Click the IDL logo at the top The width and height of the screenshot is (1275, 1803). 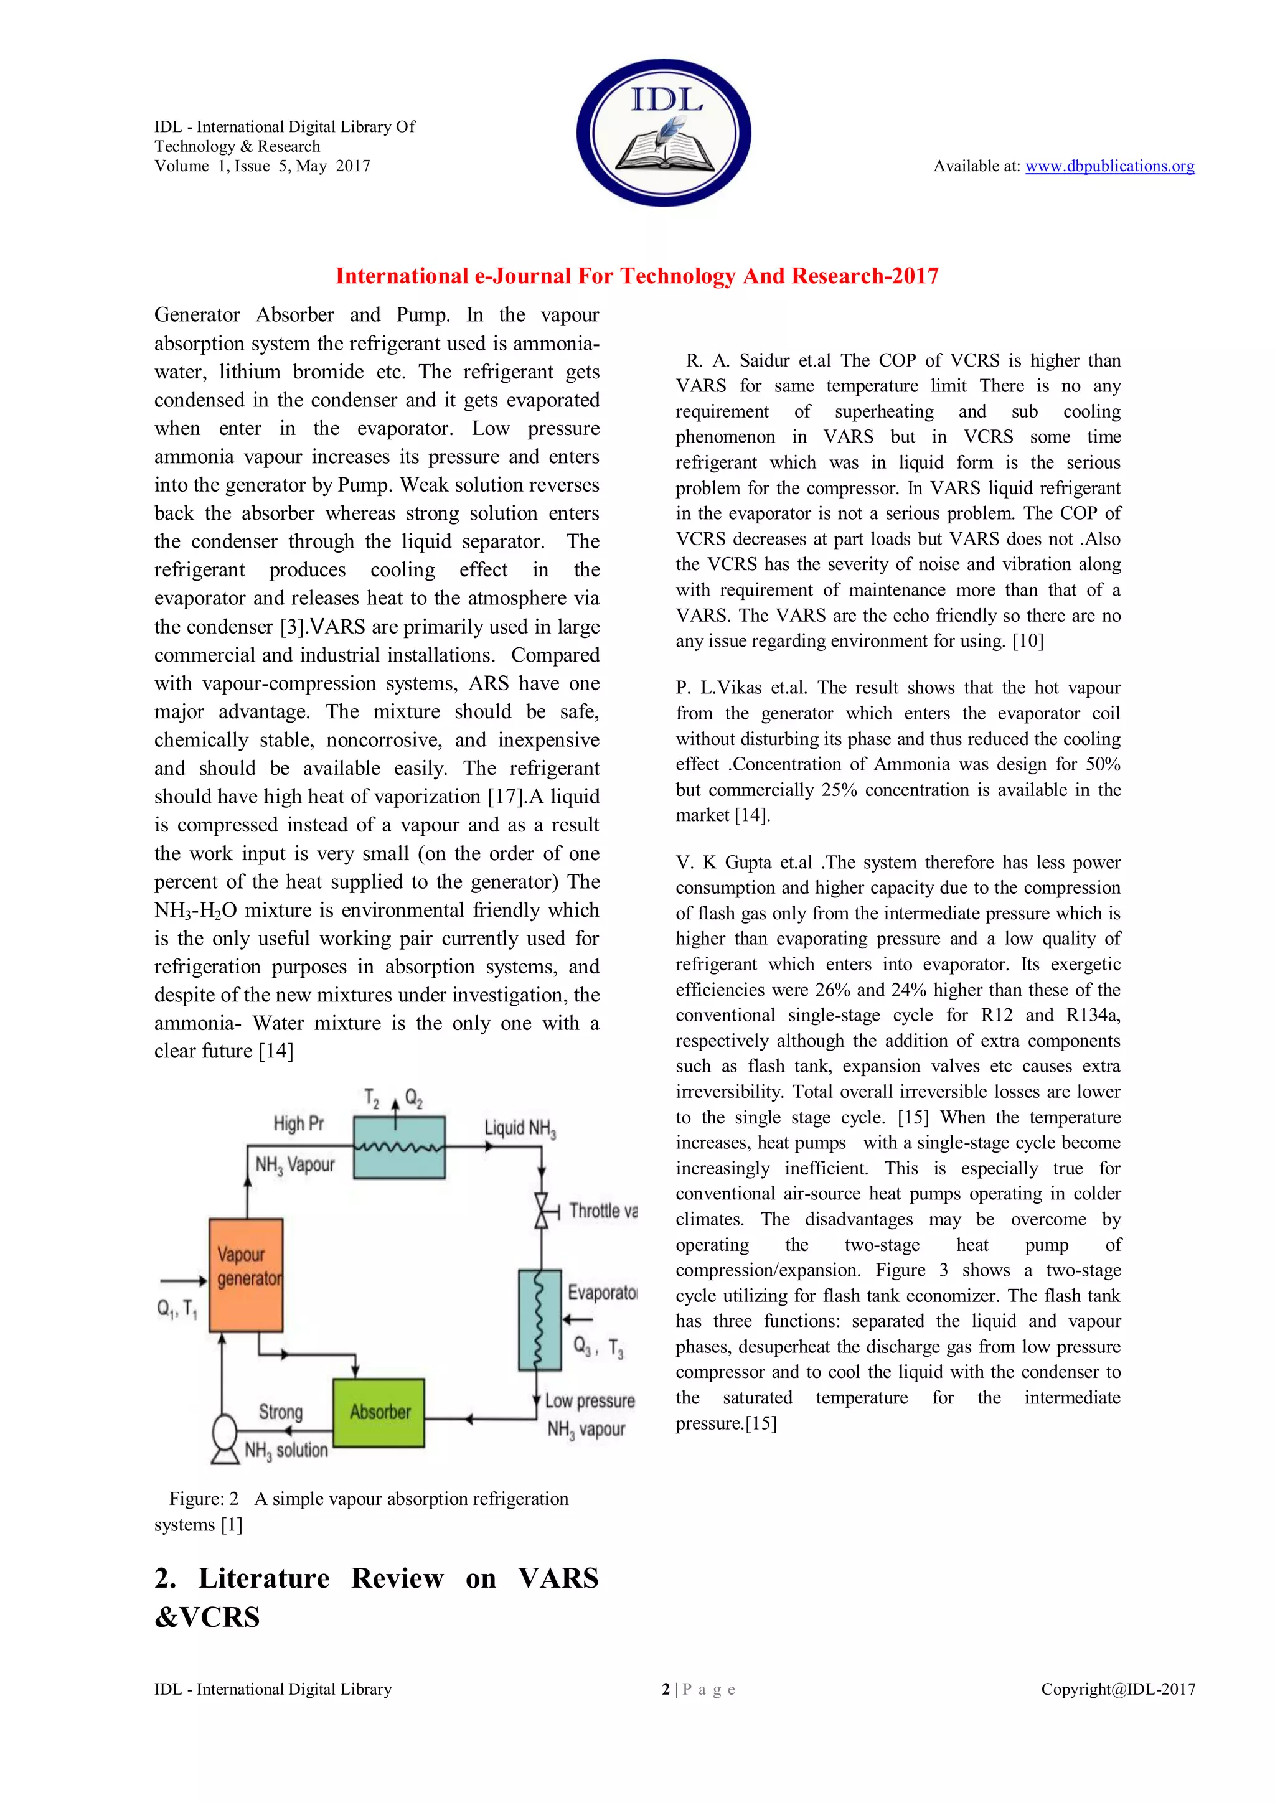(x=664, y=132)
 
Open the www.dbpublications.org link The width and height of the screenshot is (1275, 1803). (x=1109, y=166)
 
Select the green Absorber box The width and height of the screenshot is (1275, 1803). (x=379, y=1413)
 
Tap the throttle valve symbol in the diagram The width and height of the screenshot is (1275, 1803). (x=541, y=1210)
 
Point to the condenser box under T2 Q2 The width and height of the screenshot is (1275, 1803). (x=399, y=1147)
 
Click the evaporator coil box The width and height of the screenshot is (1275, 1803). (x=540, y=1319)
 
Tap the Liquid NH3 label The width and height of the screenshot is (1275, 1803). (x=520, y=1128)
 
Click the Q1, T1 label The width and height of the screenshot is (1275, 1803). (x=177, y=1308)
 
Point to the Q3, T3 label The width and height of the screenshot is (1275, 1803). (x=598, y=1347)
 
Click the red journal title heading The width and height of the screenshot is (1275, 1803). (x=636, y=276)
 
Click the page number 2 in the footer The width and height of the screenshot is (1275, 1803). (x=666, y=1689)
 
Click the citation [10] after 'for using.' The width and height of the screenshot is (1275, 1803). (x=1028, y=641)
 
